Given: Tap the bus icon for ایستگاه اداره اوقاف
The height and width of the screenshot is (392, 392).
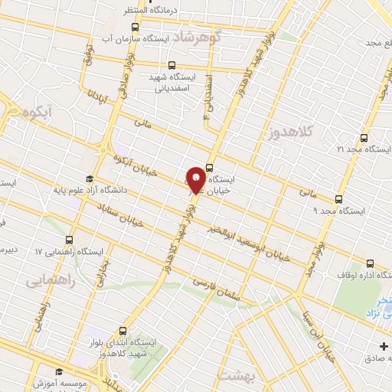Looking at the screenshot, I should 371,263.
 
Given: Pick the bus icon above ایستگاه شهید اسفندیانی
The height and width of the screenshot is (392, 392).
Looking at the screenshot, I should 171,66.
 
